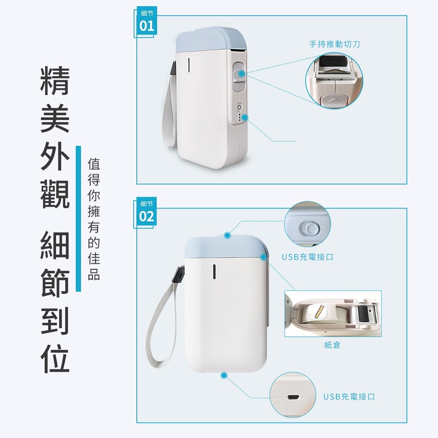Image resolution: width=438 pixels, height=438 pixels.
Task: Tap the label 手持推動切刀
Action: (x=335, y=44)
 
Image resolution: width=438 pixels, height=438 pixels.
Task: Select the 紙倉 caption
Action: (x=332, y=345)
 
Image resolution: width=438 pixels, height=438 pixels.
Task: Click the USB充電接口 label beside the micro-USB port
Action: (x=349, y=397)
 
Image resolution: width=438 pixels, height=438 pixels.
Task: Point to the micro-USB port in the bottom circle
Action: (x=292, y=398)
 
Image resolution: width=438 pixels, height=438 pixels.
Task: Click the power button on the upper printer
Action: (x=239, y=107)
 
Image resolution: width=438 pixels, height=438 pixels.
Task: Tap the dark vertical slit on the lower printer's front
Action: (x=214, y=271)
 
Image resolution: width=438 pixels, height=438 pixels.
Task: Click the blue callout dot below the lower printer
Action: (x=224, y=375)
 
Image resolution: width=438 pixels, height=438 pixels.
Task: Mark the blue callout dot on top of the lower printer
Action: (x=227, y=235)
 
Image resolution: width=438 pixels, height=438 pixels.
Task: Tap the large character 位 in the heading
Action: (x=55, y=358)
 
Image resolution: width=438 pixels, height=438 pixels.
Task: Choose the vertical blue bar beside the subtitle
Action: (x=78, y=219)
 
